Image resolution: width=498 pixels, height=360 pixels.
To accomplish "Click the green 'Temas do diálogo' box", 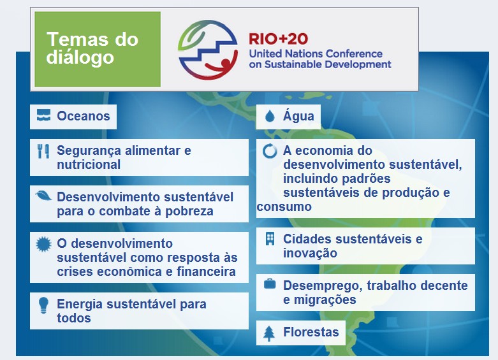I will coord(97,49).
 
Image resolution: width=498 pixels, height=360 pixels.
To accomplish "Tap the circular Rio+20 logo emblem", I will coord(209,49).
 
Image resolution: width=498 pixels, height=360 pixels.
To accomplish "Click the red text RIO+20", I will coord(279,39).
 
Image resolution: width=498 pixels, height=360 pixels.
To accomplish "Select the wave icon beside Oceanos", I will coord(43,117).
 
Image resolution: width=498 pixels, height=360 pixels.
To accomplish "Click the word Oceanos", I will coord(84,117).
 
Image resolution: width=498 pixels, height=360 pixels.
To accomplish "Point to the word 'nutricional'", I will coord(89,164).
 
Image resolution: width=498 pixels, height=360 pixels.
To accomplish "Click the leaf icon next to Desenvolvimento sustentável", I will coord(43,196).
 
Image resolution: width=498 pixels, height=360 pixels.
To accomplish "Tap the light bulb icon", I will coord(43,305).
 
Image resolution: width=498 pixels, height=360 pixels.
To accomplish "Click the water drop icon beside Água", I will coord(270,117).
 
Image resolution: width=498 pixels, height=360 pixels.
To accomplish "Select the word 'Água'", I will coord(298,116).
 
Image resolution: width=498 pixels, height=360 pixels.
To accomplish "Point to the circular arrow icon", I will coord(270,152).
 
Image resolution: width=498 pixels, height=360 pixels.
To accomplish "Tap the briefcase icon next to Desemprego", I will coord(270,285).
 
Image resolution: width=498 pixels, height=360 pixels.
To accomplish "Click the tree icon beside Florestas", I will coord(270,333).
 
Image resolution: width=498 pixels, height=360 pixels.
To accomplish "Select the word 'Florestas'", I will coord(311,333).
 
